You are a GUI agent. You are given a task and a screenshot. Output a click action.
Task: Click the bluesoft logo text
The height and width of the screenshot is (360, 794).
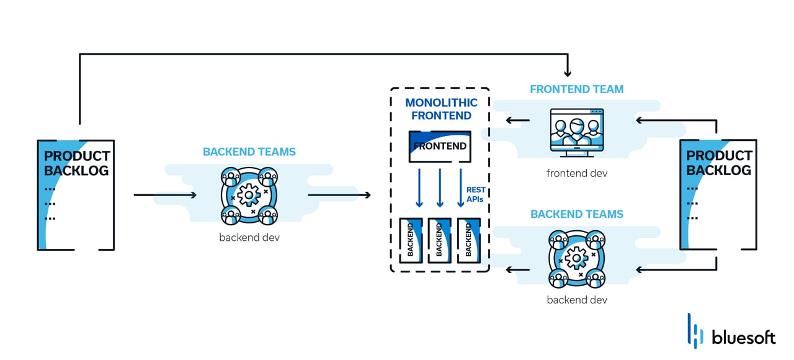[743, 338]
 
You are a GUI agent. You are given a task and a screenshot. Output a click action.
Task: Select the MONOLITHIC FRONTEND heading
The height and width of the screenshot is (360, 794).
[442, 109]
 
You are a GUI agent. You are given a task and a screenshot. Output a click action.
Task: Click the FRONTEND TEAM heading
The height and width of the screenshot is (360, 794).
[576, 89]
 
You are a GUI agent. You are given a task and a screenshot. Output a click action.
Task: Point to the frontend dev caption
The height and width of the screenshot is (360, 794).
[576, 173]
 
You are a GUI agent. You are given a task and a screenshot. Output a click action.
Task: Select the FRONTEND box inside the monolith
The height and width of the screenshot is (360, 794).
[439, 146]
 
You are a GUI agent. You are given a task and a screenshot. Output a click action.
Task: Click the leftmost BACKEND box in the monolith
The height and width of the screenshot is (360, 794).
[411, 240]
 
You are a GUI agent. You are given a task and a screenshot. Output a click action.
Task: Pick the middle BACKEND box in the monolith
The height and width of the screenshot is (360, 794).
[439, 240]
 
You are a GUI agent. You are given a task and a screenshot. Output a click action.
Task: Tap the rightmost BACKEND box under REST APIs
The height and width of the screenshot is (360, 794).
[468, 240]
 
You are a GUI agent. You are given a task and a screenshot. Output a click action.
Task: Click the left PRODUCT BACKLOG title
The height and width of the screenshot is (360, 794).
[77, 163]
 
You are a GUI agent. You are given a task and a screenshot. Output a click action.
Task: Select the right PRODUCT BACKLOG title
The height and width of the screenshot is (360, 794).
[719, 163]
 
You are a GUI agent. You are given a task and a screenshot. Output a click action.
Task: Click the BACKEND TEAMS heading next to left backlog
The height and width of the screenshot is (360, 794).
[249, 152]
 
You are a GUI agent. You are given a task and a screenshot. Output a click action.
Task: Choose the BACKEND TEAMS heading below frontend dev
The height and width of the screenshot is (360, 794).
[576, 214]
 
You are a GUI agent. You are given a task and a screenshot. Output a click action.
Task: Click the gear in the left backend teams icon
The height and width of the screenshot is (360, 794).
[249, 195]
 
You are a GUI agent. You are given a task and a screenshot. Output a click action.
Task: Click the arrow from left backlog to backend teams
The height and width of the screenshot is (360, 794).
[165, 195]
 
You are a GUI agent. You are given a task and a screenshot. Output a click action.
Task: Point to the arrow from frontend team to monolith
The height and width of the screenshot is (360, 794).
[517, 120]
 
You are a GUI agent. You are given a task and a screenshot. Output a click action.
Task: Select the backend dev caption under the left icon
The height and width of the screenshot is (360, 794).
[249, 238]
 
